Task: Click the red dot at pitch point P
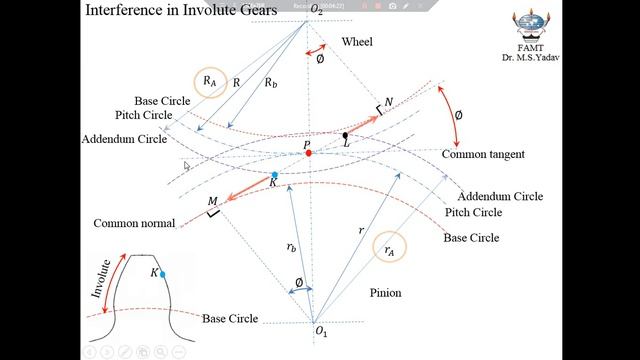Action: [308, 153]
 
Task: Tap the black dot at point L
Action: [345, 135]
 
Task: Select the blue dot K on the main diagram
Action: [275, 176]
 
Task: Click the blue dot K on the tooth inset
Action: [162, 274]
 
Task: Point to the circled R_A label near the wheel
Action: [211, 80]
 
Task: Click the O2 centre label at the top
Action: [316, 10]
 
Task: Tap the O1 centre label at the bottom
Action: [321, 331]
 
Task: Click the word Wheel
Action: [357, 43]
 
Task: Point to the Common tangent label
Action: [483, 155]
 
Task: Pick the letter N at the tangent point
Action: [389, 101]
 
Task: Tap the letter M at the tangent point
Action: [212, 202]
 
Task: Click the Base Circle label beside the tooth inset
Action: [230, 319]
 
